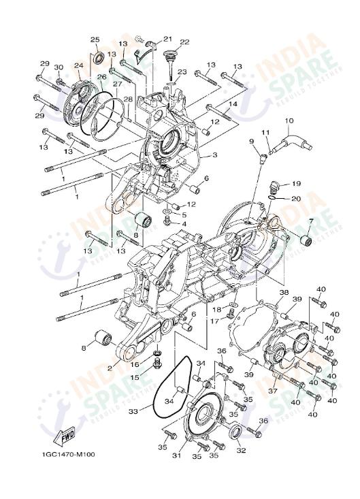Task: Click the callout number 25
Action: tap(95, 39)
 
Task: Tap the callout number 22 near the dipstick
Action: tap(184, 42)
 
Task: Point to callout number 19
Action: tap(296, 184)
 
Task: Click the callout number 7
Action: tap(310, 222)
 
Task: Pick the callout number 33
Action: tap(133, 411)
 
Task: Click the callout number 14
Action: tap(232, 105)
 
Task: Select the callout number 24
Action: tap(78, 66)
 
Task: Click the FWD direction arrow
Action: tap(65, 435)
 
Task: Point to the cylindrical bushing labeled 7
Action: tap(306, 240)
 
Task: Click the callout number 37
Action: tap(272, 391)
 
